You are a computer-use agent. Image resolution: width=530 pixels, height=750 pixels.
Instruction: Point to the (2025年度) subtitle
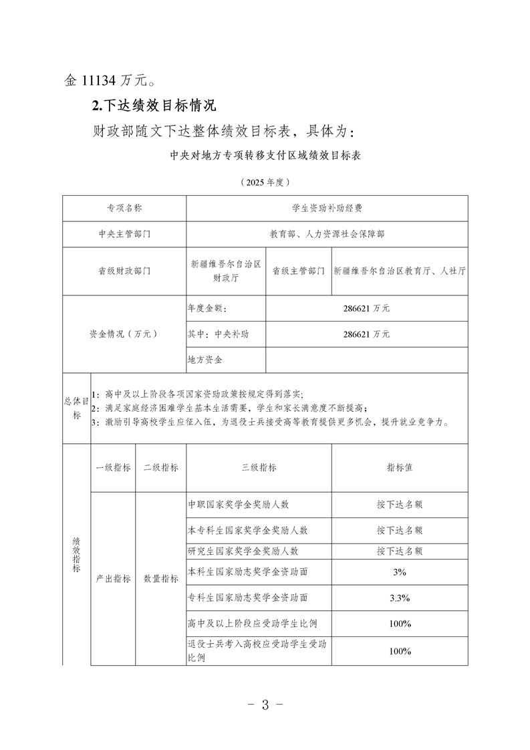(265, 181)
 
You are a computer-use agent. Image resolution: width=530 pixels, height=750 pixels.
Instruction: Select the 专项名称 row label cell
(124, 209)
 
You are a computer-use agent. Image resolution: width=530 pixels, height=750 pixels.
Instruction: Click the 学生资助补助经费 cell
(327, 209)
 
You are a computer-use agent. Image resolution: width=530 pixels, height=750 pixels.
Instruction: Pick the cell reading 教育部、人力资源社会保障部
(327, 235)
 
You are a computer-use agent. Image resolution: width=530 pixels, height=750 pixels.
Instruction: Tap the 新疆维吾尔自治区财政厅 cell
(226, 271)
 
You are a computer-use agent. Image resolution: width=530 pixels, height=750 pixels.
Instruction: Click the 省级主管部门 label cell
(299, 271)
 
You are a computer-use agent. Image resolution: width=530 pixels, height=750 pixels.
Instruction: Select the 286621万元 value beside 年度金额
(366, 309)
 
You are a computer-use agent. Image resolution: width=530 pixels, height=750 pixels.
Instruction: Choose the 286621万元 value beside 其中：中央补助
(366, 334)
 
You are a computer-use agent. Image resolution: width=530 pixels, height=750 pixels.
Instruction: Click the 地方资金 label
(205, 360)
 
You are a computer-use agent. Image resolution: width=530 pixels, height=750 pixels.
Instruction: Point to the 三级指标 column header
(259, 468)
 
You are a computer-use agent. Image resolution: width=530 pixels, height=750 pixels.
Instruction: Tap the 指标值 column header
(399, 468)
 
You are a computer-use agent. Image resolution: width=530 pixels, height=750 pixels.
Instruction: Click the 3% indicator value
(400, 572)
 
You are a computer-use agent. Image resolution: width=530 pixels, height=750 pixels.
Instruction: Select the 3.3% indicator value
(400, 598)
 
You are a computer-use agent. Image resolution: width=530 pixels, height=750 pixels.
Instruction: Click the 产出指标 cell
(113, 579)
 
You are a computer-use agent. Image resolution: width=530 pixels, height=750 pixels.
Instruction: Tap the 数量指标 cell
(160, 579)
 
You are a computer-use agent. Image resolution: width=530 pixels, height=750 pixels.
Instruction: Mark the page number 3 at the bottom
(265, 704)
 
